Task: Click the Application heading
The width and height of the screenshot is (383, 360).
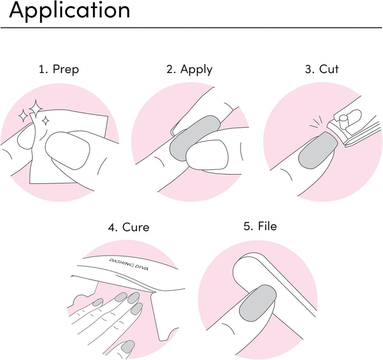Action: pos(70,11)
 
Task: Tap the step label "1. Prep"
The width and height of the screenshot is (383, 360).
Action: pos(59,69)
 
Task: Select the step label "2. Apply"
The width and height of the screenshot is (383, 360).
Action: pos(189,69)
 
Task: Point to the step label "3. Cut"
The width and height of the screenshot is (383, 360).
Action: pos(322,69)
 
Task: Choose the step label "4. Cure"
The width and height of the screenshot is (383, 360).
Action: pos(129,227)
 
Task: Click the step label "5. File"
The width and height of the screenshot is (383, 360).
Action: pos(260,226)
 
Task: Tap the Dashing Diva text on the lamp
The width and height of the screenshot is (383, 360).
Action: pos(129,264)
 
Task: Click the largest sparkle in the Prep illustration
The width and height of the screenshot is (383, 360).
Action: pos(36,109)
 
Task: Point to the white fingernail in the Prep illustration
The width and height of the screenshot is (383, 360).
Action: pos(68,150)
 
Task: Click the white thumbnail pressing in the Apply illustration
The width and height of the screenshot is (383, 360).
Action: pos(207,154)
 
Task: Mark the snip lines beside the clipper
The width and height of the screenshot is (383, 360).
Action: pos(317,123)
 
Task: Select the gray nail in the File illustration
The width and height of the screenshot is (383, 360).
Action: pos(257,303)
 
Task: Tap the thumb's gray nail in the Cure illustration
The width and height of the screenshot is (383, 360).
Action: pos(128,347)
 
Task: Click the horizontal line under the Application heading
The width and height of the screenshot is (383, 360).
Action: pos(191,28)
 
